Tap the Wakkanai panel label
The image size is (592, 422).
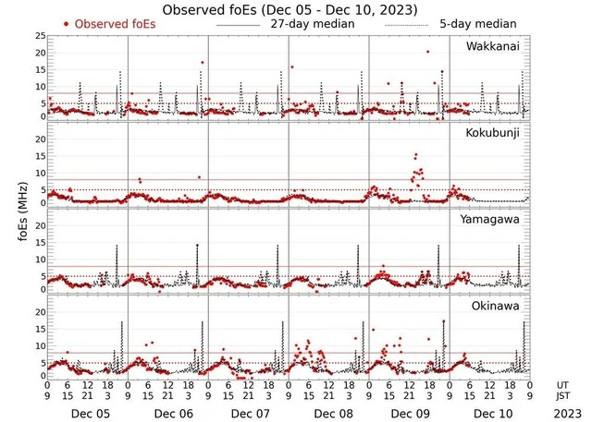[496, 45]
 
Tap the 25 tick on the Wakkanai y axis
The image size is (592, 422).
[37, 36]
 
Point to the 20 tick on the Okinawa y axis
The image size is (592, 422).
[37, 312]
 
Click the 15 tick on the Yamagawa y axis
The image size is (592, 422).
[37, 247]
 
